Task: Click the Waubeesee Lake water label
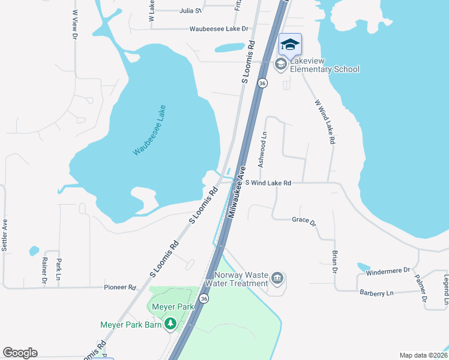[149, 131]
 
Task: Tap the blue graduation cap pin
[290, 45]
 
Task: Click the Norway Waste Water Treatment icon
[277, 277]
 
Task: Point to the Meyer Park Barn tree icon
[171, 324]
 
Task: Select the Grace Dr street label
[304, 221]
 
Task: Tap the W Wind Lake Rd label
[324, 122]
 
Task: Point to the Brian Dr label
[335, 262]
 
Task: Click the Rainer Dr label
[44, 271]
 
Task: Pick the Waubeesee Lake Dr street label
[218, 28]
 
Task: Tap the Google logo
[20, 353]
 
